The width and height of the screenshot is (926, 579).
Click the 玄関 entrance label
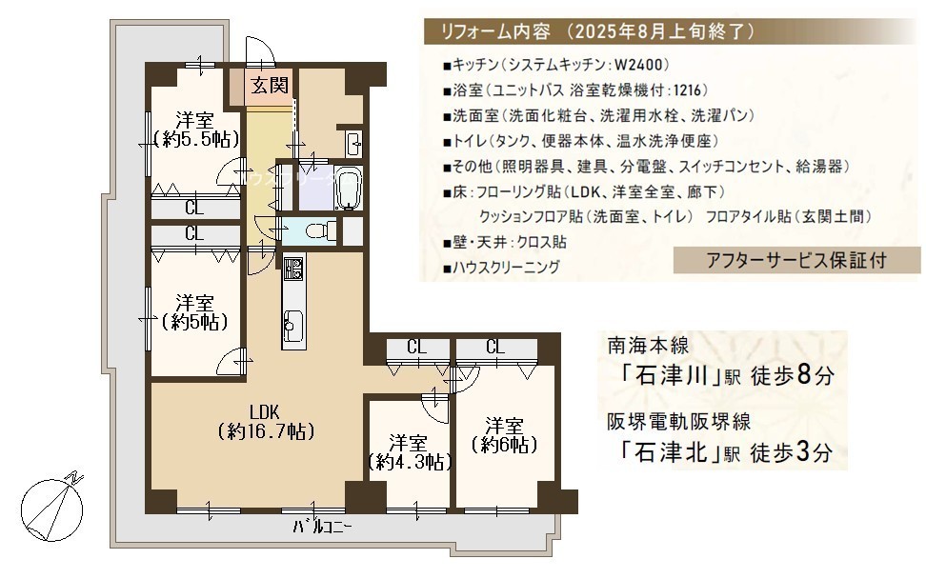pos(270,86)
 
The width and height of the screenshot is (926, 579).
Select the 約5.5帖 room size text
pos(196,139)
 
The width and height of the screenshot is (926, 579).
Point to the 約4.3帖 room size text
pos(410,462)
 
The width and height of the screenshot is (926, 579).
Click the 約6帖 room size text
pos(504,444)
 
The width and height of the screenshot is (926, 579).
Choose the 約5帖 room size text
pos(194,322)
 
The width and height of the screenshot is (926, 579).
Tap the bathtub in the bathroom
pos(347,188)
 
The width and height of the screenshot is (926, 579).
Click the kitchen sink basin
pos(292,325)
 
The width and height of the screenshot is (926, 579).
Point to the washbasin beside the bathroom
pos(353,143)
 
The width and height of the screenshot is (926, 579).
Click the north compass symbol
pos(52,507)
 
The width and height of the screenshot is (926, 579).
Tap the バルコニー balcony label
pos(322,526)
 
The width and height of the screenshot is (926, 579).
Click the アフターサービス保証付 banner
pos(796,260)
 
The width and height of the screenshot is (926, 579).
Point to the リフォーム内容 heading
pos(495,31)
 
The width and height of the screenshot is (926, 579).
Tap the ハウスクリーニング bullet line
pos(501,268)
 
